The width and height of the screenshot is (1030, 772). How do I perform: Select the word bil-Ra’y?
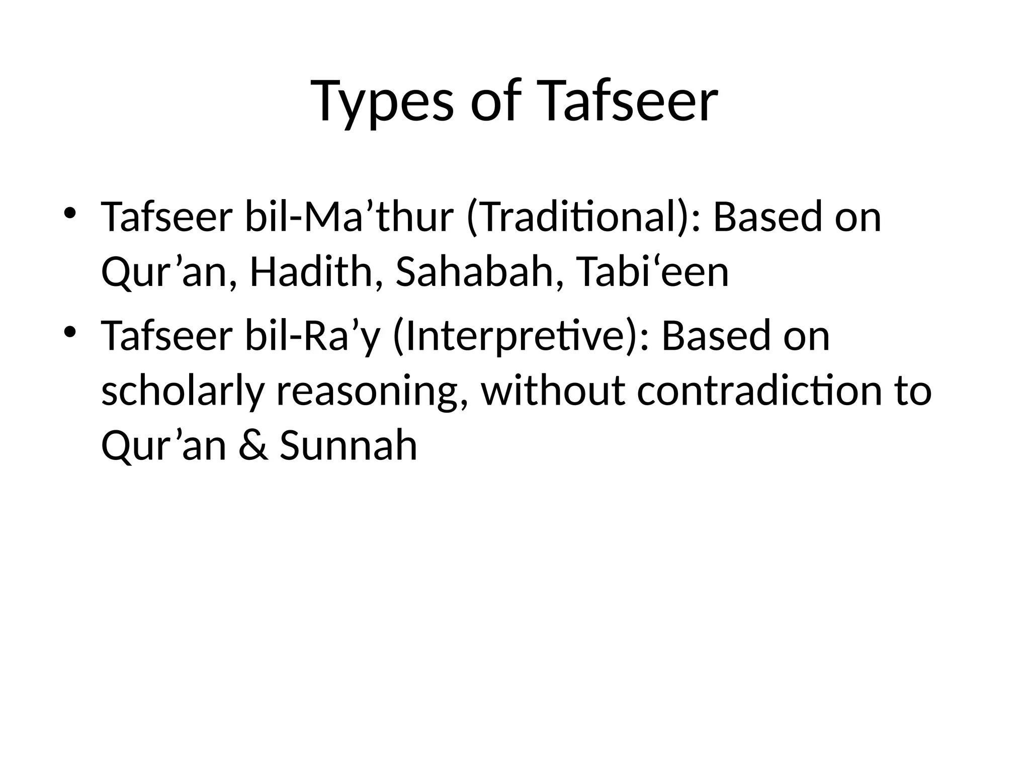click(x=312, y=336)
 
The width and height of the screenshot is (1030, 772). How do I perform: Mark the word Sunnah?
click(x=349, y=445)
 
